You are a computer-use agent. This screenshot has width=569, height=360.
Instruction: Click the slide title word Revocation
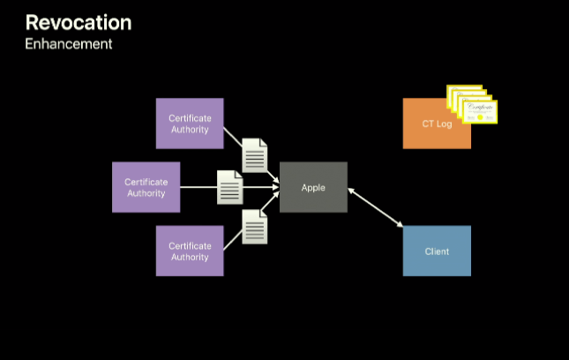coord(79,22)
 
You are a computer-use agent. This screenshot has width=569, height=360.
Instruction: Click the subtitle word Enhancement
coord(68,44)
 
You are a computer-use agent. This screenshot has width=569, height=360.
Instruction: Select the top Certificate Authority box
coord(190,124)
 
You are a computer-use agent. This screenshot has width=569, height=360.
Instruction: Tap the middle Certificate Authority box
coord(146,187)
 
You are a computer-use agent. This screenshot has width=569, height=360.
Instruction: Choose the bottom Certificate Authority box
coord(190,251)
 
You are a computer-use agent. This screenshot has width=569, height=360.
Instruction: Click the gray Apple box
coord(313,187)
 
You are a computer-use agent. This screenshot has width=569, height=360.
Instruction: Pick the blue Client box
coord(437,251)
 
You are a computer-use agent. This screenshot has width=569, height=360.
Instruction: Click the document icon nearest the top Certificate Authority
coord(255,155)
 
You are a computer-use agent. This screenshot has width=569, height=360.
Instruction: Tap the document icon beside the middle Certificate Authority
coord(230,187)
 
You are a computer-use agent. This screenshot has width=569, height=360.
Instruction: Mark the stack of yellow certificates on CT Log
coord(473,104)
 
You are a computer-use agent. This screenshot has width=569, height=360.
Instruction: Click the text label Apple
coord(313,187)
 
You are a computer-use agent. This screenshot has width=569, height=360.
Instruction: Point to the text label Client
coord(437,251)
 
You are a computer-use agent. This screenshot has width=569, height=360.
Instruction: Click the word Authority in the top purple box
coord(190,130)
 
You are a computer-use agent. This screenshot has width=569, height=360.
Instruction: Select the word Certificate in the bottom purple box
coord(190,245)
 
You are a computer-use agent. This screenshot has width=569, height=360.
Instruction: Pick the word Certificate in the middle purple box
coord(146,182)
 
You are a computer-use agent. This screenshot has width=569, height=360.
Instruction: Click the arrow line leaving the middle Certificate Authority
coord(198,187)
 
